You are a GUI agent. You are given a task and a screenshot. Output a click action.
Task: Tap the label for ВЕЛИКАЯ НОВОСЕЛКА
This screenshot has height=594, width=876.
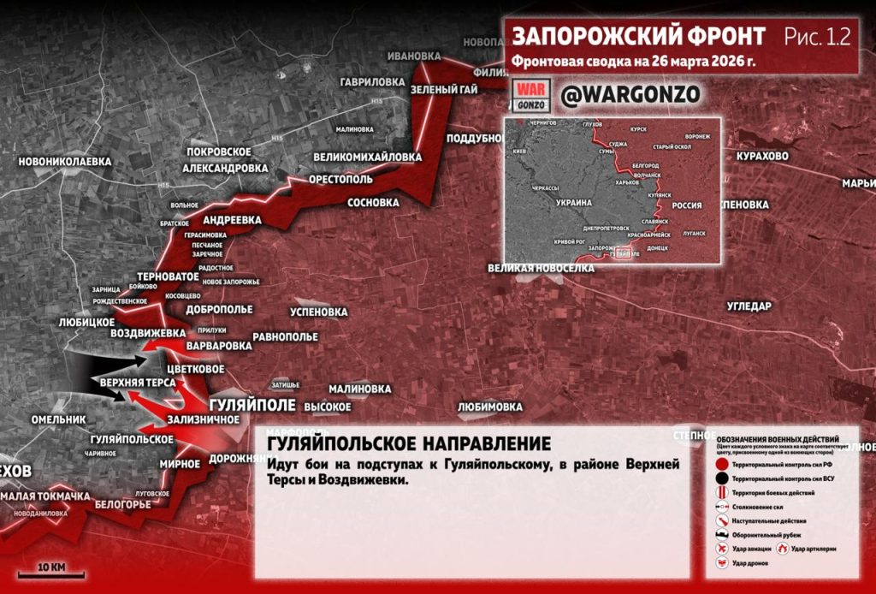point(540,268)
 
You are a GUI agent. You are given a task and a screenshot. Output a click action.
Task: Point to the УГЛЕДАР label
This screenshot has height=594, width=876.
point(749,306)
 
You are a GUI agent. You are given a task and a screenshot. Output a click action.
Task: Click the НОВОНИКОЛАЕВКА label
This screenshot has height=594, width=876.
point(65,160)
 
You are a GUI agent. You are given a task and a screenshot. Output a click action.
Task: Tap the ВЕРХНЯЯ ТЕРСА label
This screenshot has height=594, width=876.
point(138,383)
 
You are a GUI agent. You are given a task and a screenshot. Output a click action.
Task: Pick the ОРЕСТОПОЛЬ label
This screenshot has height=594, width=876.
point(340,181)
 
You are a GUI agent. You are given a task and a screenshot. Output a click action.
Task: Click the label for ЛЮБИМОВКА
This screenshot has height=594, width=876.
point(489,406)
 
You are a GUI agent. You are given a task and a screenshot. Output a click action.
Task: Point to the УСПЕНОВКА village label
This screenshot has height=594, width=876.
point(319,312)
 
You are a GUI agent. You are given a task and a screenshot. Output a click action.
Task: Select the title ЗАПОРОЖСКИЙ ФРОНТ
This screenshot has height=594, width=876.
point(637,37)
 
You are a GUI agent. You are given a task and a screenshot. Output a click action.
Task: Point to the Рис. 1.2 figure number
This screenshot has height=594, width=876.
point(816,37)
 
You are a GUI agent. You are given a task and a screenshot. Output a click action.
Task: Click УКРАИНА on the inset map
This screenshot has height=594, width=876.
point(574,203)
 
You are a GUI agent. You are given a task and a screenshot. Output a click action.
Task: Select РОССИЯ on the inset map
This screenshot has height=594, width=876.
point(683,205)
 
